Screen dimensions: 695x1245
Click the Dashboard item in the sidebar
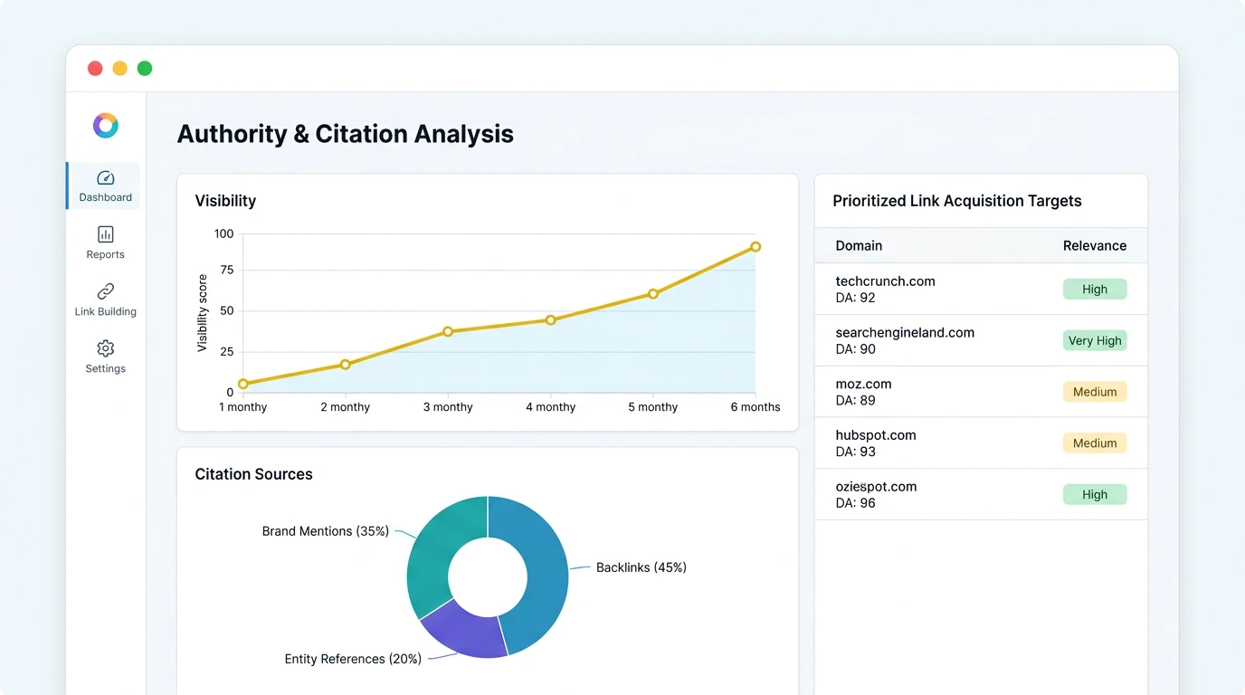(x=105, y=186)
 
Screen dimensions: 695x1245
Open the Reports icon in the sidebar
(x=105, y=235)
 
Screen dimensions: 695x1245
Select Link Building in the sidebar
(x=105, y=300)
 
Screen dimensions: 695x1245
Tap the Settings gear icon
(x=105, y=348)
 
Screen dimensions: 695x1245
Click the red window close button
(x=95, y=69)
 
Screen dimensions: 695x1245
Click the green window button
(x=145, y=69)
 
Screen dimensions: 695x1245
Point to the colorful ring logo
(x=106, y=126)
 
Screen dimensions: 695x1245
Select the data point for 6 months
(x=756, y=247)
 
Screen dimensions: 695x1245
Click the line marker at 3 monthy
(x=448, y=332)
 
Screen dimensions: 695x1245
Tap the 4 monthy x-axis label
(x=550, y=407)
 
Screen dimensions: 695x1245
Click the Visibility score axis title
(x=203, y=313)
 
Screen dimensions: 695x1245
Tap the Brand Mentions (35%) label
(x=325, y=531)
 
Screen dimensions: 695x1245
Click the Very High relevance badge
(x=1094, y=341)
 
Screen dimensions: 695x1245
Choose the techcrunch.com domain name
(x=885, y=281)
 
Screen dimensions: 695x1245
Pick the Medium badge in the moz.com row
(x=1094, y=392)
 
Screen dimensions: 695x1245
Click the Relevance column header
(x=1094, y=246)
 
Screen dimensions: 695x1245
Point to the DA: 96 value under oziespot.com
(x=855, y=503)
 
